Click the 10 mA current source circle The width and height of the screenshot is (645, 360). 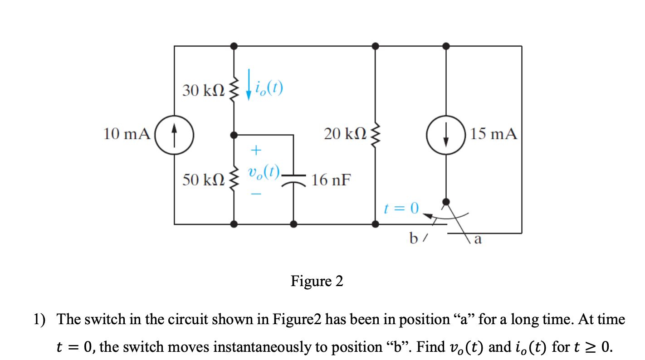pyautogui.click(x=175, y=135)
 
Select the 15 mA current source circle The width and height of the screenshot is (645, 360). pyautogui.click(x=446, y=135)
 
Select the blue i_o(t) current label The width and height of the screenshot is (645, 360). pyautogui.click(x=269, y=86)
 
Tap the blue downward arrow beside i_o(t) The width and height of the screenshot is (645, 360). pyautogui.click(x=249, y=84)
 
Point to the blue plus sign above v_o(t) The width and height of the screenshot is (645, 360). pyautogui.click(x=256, y=149)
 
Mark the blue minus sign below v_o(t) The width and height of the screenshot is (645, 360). pyautogui.click(x=256, y=195)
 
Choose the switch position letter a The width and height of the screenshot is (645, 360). pyautogui.click(x=477, y=239)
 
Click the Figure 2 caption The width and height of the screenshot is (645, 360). pyautogui.click(x=317, y=282)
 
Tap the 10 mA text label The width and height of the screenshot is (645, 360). pyautogui.click(x=127, y=134)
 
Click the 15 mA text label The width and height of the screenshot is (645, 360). pyautogui.click(x=494, y=134)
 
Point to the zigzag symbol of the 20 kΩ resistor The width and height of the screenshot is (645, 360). pyautogui.click(x=375, y=135)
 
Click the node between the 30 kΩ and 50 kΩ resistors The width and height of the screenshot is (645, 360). pyautogui.click(x=234, y=135)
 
